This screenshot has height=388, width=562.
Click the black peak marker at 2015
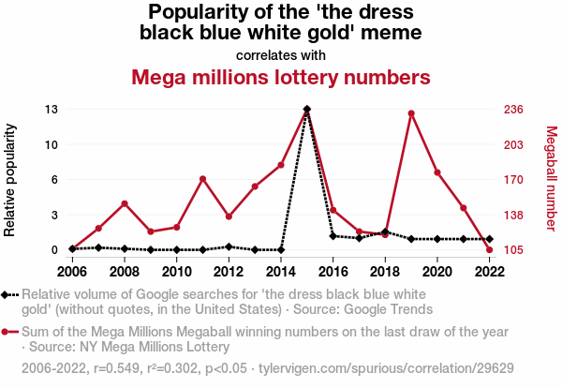pos(307,110)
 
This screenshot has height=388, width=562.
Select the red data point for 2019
pos(411,113)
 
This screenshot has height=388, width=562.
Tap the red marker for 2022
pos(489,249)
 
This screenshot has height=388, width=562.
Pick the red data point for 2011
pos(202,179)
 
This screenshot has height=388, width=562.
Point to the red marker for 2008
pos(125,203)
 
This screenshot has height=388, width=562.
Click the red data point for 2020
pos(437,172)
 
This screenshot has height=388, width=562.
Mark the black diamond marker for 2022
pos(489,239)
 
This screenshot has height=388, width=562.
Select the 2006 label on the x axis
pos(72,272)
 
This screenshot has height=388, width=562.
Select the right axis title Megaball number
pos(551,179)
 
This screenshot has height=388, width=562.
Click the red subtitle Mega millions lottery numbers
pos(281,76)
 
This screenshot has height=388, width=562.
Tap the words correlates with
pos(281,54)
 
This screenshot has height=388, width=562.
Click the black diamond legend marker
pos(9,294)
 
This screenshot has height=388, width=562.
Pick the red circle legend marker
pos(9,332)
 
